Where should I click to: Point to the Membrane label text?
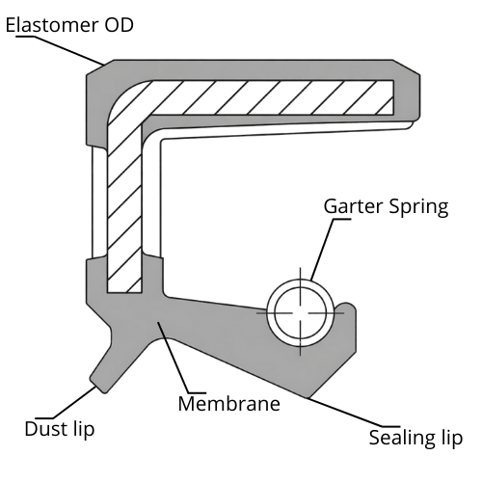point(228,403)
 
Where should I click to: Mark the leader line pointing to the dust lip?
point(72,404)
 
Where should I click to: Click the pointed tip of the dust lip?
point(99,388)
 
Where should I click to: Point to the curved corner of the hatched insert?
point(125,106)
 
